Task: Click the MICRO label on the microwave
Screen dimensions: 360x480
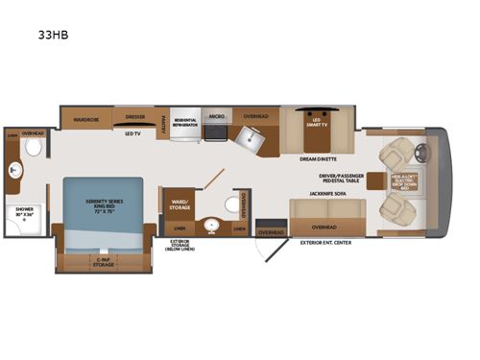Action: point(217,116)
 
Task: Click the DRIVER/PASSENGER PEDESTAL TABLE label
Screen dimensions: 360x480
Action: point(345,179)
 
